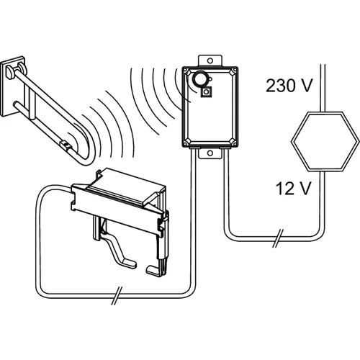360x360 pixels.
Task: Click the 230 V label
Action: point(289,86)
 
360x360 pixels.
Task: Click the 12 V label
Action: point(293,189)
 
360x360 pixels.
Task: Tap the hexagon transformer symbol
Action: point(325,141)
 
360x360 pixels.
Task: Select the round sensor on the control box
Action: point(199,78)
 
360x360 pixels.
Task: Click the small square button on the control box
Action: point(207,92)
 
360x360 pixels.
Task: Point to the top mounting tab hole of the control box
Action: point(210,60)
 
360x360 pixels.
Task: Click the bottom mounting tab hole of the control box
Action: point(210,153)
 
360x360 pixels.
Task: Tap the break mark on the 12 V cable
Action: point(278,238)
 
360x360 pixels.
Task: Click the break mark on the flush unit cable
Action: point(117,296)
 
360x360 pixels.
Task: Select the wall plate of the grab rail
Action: point(13,86)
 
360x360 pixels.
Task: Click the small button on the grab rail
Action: point(65,145)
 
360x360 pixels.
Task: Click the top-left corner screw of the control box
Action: point(186,70)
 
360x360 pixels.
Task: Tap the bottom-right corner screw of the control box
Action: point(235,144)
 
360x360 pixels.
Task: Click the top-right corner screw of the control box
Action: point(235,70)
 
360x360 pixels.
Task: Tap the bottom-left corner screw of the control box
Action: point(186,144)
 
